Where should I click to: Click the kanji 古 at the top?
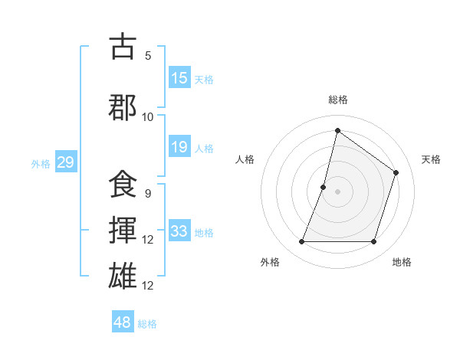123,47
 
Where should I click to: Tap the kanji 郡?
123,106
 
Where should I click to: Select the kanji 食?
123,185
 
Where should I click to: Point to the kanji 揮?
123,230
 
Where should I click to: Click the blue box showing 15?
179,78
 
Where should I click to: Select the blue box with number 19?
179,147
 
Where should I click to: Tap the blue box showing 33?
179,231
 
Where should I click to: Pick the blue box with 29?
65,162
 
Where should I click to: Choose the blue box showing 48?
122,322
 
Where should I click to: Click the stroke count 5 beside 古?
148,56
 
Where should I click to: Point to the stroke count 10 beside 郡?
148,116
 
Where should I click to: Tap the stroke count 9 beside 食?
148,193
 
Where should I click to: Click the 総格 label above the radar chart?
338,100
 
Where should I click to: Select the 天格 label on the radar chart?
431,159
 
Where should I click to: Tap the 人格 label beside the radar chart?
245,159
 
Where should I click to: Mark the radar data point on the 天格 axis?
396,172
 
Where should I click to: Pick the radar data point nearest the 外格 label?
301,242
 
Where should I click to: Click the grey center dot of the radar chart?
337,191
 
